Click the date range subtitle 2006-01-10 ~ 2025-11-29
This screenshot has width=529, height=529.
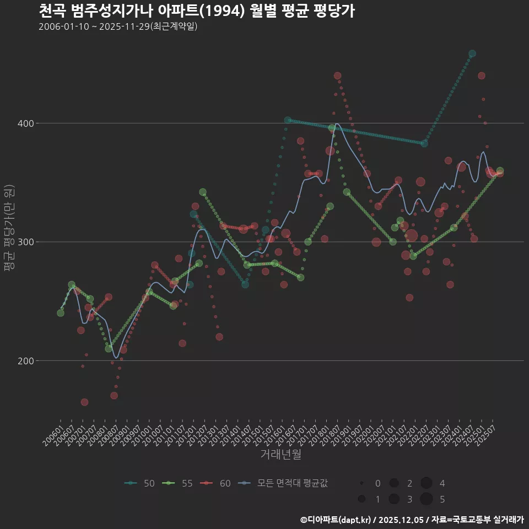click(118, 26)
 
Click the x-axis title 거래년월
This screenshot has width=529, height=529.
click(280, 455)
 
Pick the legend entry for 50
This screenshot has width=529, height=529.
click(140, 483)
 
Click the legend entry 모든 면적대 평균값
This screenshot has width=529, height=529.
click(284, 483)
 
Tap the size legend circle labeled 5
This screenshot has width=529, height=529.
click(426, 499)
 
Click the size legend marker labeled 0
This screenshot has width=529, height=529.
click(361, 483)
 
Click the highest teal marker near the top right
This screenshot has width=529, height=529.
click(472, 53)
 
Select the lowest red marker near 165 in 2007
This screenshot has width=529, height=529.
click(84, 402)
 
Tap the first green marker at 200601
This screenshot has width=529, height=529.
click(61, 313)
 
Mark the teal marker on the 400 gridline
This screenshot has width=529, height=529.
click(288, 120)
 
